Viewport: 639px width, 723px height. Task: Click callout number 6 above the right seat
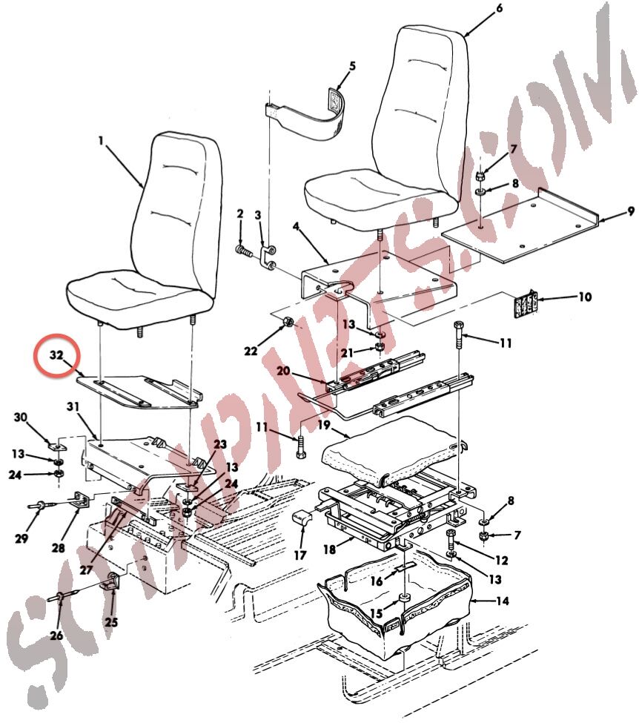[x=499, y=9]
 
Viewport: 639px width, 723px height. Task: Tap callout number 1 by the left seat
[x=101, y=140]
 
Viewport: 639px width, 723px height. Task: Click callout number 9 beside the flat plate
[x=630, y=212]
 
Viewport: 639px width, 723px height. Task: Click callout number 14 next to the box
[x=502, y=601]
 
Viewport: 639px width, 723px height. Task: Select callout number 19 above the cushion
[x=324, y=425]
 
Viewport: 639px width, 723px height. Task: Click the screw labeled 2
[x=243, y=251]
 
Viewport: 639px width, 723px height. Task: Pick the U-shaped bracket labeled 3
[x=268, y=257]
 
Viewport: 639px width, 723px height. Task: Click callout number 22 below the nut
[x=251, y=351]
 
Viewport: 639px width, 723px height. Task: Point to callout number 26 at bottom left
[x=56, y=635]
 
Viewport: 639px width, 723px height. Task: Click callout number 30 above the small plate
[x=20, y=417]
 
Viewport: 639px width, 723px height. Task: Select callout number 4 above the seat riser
[x=296, y=227]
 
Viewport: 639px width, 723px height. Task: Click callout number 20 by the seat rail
[x=283, y=372]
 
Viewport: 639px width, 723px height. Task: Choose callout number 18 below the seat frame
[x=329, y=549]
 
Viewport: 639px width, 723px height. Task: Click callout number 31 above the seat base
[x=73, y=406]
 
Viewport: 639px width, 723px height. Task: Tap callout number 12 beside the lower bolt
[x=501, y=561]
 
